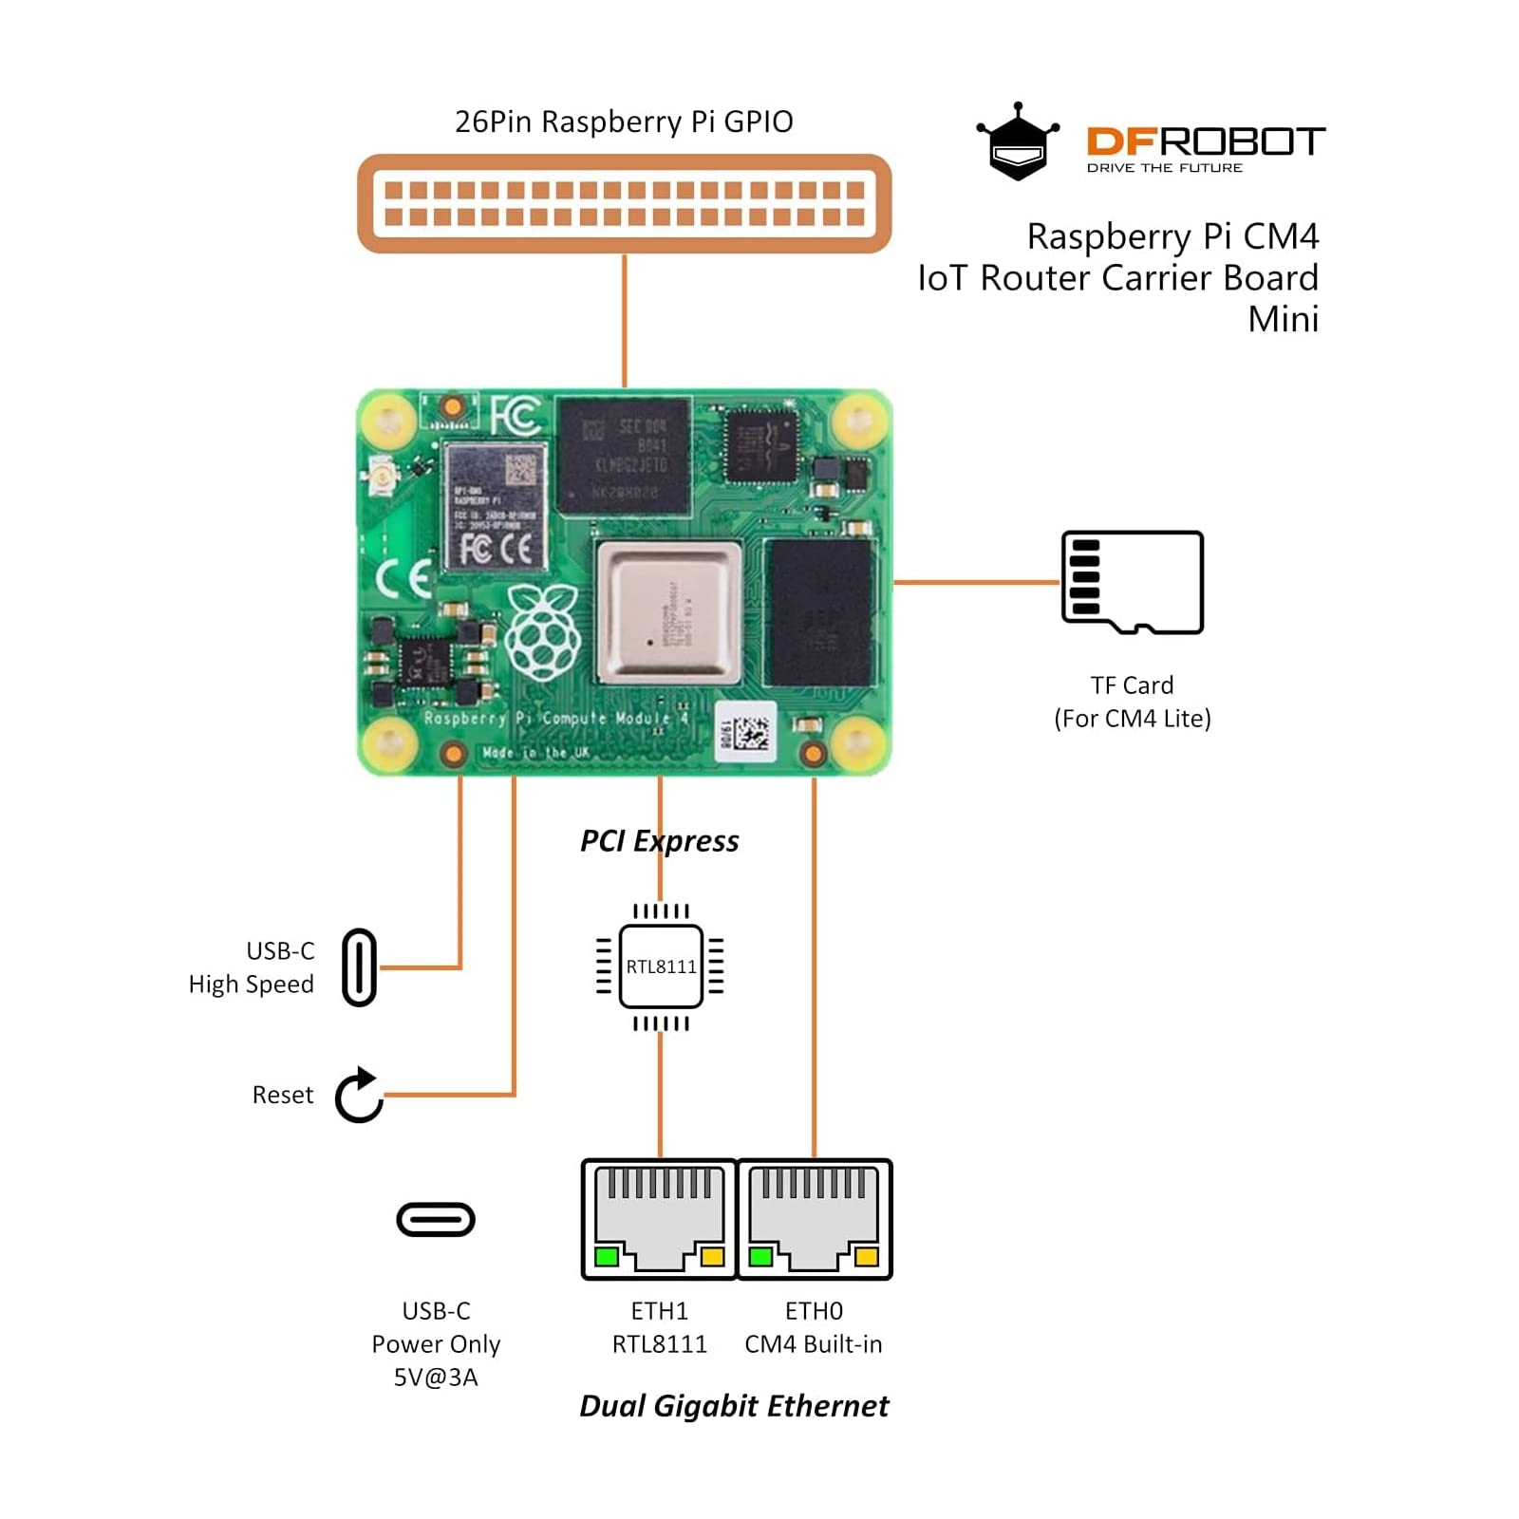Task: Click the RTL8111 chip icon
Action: (x=661, y=966)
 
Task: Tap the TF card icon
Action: (x=1133, y=582)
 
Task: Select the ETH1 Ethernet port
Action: (x=659, y=1219)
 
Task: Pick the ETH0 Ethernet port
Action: (x=815, y=1219)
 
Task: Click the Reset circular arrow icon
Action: (x=359, y=1096)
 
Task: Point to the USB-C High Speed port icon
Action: (x=359, y=967)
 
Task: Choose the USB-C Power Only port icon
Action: (x=436, y=1220)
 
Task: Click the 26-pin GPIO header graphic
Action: (x=624, y=203)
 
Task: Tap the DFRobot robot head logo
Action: (x=1018, y=142)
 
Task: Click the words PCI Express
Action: (x=659, y=841)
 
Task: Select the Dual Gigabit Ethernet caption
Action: (x=734, y=1406)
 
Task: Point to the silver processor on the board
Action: (x=668, y=612)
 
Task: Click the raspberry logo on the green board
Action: (x=542, y=631)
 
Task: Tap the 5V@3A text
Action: (x=436, y=1378)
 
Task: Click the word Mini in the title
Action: (x=1283, y=320)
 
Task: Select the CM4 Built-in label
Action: (x=814, y=1344)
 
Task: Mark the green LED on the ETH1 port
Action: (x=606, y=1258)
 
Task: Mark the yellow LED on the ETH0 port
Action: (x=866, y=1258)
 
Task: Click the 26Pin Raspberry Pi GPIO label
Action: (x=624, y=122)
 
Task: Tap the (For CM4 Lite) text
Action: (x=1133, y=719)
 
